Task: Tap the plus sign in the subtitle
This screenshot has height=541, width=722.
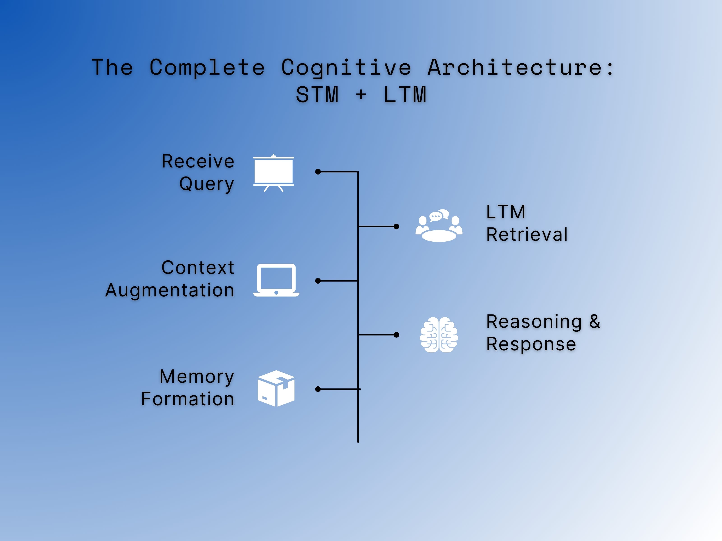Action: [x=361, y=95]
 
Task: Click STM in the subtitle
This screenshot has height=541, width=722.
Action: [x=317, y=95]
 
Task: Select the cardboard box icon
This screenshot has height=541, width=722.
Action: [x=276, y=388]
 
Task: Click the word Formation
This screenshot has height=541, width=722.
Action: [x=188, y=399]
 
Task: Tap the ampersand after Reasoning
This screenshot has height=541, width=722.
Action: [x=595, y=321]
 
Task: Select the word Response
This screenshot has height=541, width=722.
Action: [x=531, y=344]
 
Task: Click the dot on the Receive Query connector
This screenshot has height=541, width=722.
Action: [x=318, y=172]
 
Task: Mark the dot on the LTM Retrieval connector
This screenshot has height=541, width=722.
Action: [x=396, y=226]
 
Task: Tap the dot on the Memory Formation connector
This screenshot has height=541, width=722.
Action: [x=318, y=389]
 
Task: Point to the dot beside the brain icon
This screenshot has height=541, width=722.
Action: [x=396, y=335]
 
